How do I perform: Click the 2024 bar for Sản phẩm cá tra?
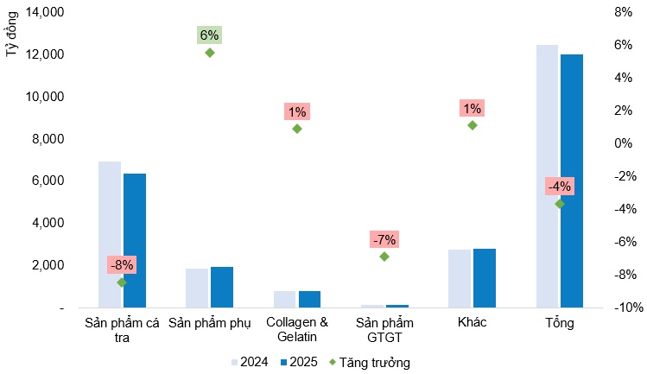[110, 234]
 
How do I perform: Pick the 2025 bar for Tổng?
[572, 181]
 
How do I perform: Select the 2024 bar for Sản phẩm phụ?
[197, 288]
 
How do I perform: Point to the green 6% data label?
[209, 35]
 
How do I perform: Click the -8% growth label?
[121, 265]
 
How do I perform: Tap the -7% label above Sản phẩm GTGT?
[383, 239]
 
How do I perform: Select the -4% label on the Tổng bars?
[560, 187]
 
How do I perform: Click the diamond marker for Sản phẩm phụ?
[209, 53]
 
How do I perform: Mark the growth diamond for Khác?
[472, 125]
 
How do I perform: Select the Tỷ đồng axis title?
[12, 37]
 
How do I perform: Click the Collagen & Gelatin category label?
[296, 329]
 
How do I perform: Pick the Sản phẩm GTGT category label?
[384, 329]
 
